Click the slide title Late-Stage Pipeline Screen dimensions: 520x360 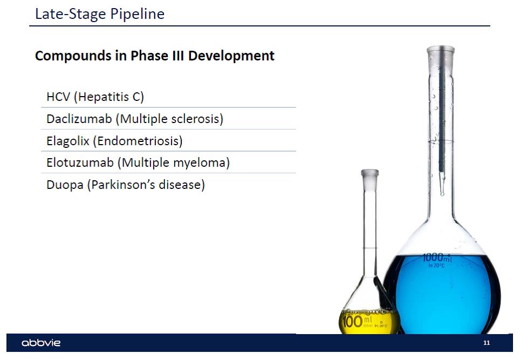pos(100,14)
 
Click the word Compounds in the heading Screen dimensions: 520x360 pos(73,56)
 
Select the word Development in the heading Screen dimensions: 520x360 pos(231,56)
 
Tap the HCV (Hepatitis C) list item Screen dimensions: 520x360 pos(95,97)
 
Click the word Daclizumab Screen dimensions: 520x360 pos(79,119)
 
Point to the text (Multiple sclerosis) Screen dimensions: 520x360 pos(169,119)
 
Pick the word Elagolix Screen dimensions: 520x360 pos(68,141)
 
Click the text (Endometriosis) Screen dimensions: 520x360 pos(138,141)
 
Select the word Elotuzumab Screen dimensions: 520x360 pos(80,162)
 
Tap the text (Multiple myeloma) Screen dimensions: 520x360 pos(174,162)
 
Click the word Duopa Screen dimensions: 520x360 pos(65,185)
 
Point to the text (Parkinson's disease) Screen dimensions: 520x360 pos(146,185)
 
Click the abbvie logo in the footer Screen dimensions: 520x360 pos(41,343)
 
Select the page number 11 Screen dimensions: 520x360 pos(487,343)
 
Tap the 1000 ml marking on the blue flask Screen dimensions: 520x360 pos(437,258)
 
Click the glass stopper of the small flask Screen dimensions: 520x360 pos(370,180)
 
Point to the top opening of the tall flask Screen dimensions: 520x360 pos(440,50)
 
